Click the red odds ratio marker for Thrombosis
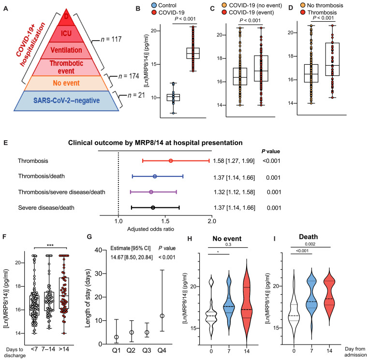pos(171,160)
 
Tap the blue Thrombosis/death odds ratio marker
pos(155,177)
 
